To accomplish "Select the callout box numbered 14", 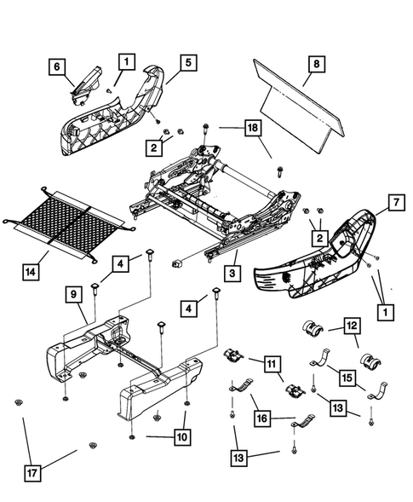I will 29,273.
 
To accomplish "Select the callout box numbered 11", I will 272,366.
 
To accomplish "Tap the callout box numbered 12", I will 352,325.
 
